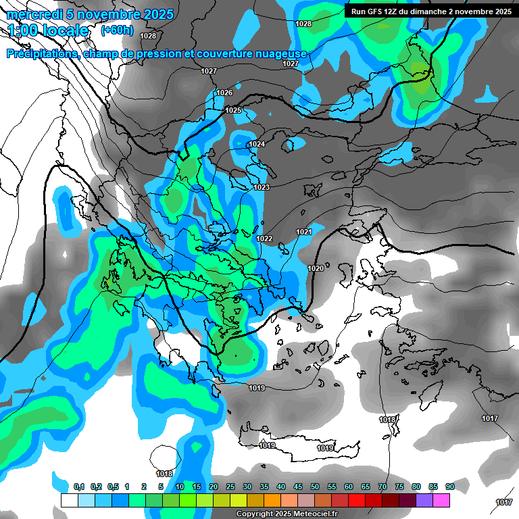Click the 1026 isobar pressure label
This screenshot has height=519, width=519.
pyautogui.click(x=224, y=93)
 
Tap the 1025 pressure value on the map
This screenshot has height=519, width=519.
pyautogui.click(x=233, y=110)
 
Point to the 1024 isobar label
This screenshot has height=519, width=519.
pyautogui.click(x=257, y=145)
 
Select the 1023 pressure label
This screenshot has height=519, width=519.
pyautogui.click(x=262, y=187)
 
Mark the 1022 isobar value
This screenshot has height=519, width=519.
pyautogui.click(x=264, y=239)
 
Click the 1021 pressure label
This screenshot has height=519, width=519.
pyautogui.click(x=304, y=232)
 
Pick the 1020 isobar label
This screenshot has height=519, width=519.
pyautogui.click(x=316, y=268)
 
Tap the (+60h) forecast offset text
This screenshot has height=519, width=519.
pyautogui.click(x=117, y=30)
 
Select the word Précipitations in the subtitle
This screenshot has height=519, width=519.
pyautogui.click(x=41, y=53)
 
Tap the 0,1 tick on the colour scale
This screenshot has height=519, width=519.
pyautogui.click(x=79, y=487)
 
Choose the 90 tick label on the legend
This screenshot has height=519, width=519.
pyautogui.click(x=450, y=487)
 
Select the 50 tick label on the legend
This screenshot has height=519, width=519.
pyautogui.click(x=315, y=487)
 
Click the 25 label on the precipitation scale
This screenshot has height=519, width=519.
pyautogui.click(x=230, y=487)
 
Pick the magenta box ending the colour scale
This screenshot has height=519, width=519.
pyautogui.click(x=441, y=501)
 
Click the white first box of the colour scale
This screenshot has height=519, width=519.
pyautogui.click(x=69, y=501)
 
